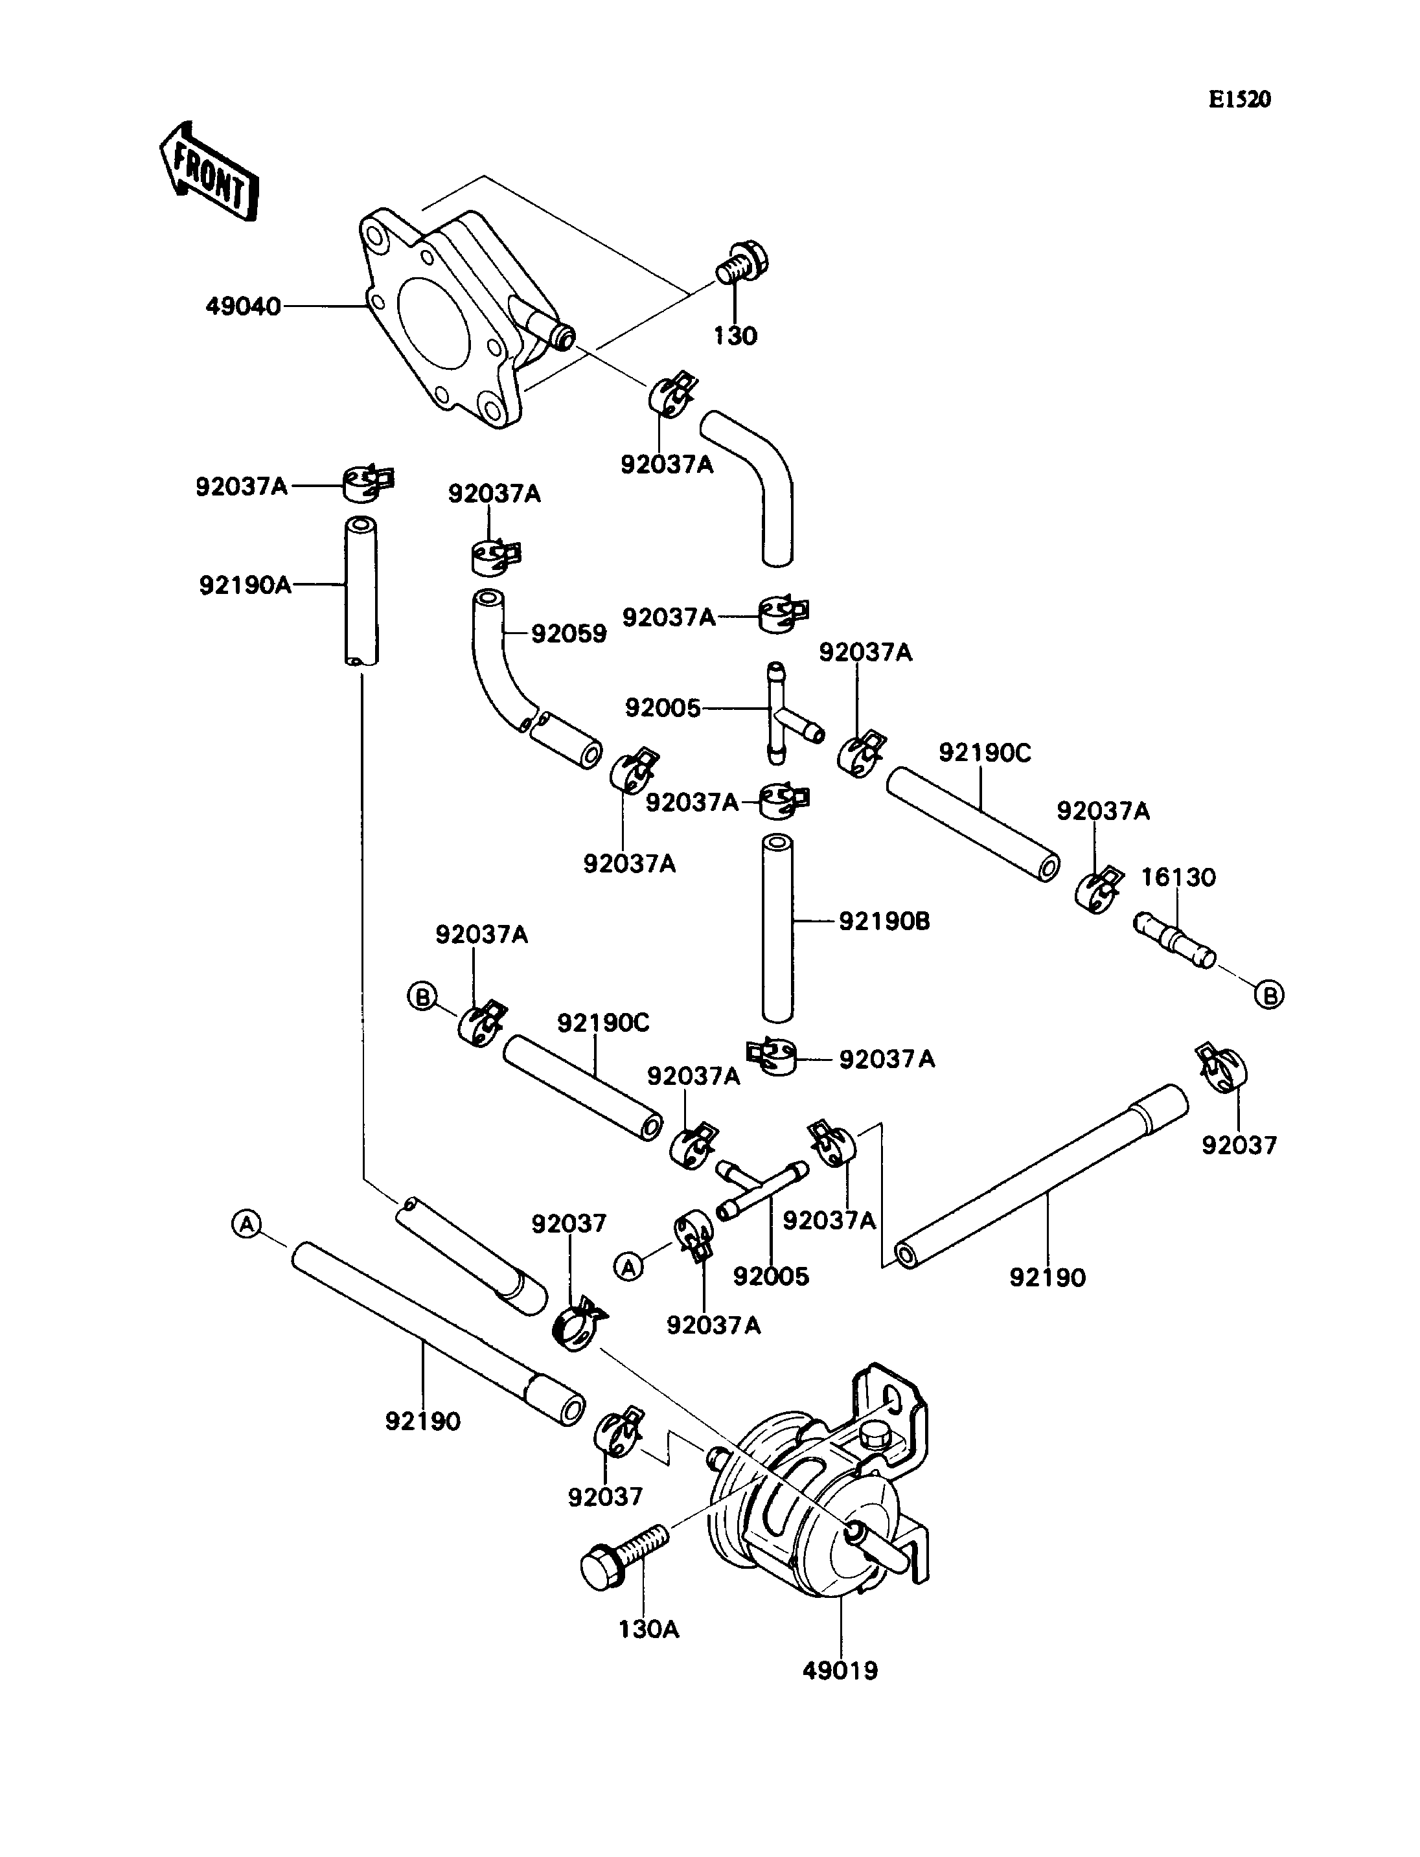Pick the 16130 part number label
point(1178,878)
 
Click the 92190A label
point(245,584)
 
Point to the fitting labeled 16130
point(1175,940)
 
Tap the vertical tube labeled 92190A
point(361,591)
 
